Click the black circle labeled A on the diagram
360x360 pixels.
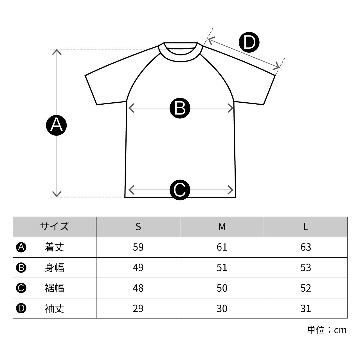click(56, 125)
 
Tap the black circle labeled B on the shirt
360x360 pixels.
click(180, 108)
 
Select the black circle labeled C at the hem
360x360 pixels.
click(180, 190)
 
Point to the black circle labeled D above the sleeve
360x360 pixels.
click(249, 42)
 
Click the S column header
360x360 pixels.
click(138, 227)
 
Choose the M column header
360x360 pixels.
click(222, 227)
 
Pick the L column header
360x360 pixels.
click(306, 227)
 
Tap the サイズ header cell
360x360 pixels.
click(54, 227)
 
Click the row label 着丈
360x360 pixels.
click(54, 247)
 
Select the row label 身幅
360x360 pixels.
click(54, 268)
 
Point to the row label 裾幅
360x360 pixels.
click(54, 288)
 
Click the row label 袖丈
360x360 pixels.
click(54, 309)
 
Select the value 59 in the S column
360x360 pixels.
click(138, 247)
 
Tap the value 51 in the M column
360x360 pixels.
click(222, 268)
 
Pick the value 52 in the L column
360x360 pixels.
click(306, 288)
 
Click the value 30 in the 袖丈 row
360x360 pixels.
click(222, 309)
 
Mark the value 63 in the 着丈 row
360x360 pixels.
click(306, 247)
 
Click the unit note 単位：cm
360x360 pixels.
click(327, 330)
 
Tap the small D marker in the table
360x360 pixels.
click(21, 309)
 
